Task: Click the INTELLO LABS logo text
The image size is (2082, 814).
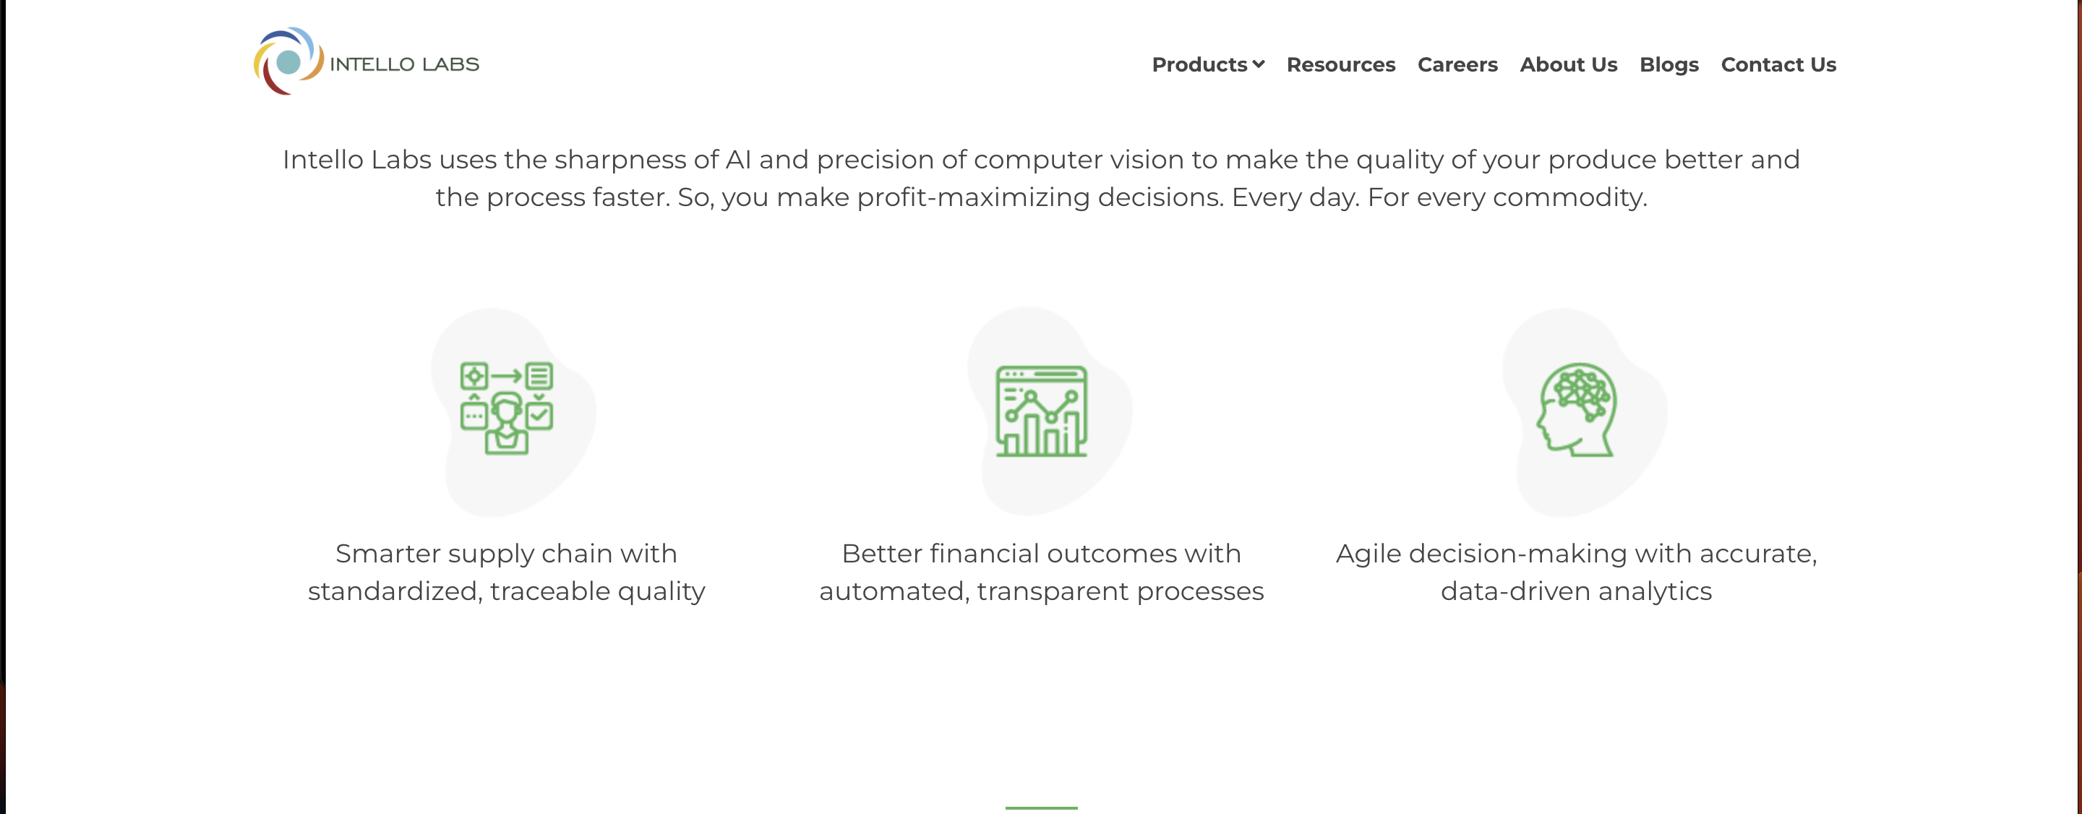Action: [404, 64]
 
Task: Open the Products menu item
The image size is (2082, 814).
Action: [1199, 64]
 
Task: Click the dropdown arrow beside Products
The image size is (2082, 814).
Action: [1259, 64]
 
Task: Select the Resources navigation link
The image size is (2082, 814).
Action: [1340, 64]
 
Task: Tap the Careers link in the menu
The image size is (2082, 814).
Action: [1457, 64]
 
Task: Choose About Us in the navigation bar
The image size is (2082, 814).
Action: [1568, 64]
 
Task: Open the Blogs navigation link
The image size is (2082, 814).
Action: [1668, 64]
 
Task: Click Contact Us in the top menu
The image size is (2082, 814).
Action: [1778, 64]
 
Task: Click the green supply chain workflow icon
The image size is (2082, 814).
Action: [507, 408]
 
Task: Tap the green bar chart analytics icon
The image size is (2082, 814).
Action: [1041, 411]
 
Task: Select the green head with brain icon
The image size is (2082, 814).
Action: [1576, 409]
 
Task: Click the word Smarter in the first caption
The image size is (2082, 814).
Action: [387, 554]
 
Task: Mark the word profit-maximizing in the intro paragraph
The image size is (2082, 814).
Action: [973, 197]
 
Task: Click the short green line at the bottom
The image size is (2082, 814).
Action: [1041, 807]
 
